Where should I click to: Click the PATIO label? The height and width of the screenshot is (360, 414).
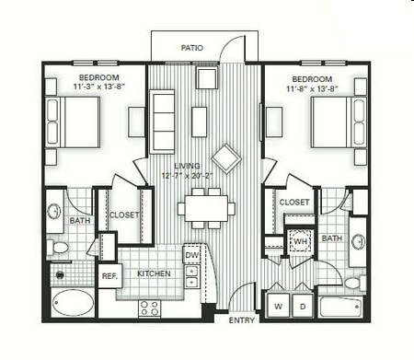[x=192, y=48]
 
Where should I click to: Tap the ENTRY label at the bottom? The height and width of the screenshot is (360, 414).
[x=242, y=320]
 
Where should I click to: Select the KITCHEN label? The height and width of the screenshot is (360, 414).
[x=154, y=273]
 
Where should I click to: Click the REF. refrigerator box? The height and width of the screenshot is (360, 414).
[x=109, y=275]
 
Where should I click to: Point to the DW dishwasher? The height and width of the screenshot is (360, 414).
[x=192, y=254]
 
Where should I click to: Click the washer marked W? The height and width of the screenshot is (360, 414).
[x=279, y=306]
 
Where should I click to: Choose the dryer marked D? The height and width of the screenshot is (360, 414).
[x=303, y=306]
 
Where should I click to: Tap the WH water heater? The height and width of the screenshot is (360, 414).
[x=300, y=241]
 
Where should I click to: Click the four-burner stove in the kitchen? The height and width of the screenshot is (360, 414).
[x=149, y=308]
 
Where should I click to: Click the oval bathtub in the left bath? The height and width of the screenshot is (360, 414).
[x=74, y=304]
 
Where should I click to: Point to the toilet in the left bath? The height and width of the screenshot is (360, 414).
[x=57, y=248]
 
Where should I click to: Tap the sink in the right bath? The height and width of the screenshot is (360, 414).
[x=358, y=241]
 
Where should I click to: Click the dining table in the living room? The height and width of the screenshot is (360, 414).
[x=206, y=208]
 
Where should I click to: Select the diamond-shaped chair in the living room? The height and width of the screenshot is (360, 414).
[x=226, y=158]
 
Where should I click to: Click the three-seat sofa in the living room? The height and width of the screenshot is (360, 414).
[x=162, y=122]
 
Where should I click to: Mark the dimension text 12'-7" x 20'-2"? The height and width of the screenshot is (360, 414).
[x=188, y=176]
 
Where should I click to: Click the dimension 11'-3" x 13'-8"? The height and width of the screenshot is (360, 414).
[x=98, y=87]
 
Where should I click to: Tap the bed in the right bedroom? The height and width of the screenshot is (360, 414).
[x=339, y=122]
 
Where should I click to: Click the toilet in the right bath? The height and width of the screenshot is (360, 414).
[x=355, y=283]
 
